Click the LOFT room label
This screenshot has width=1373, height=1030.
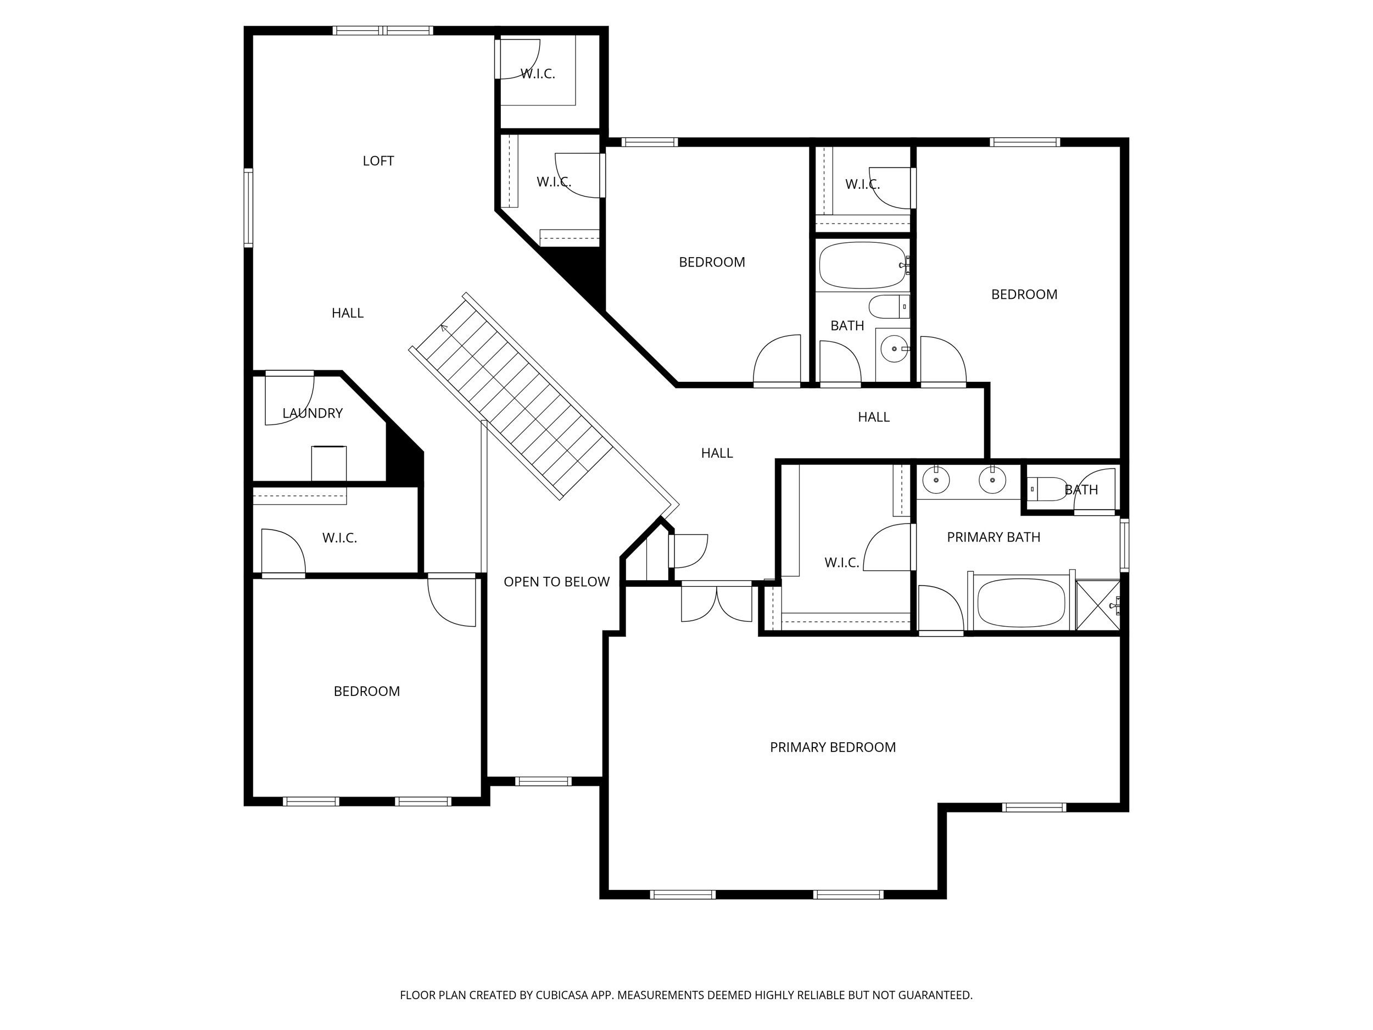[x=378, y=162]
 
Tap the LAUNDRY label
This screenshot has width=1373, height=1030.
[x=312, y=414]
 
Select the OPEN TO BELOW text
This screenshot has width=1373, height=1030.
[x=556, y=582]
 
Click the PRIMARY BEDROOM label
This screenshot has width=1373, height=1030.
[x=833, y=748]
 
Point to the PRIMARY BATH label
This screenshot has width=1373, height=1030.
[x=993, y=537]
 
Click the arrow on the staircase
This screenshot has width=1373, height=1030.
[x=444, y=327]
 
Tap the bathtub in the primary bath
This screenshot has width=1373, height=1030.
[x=1021, y=602]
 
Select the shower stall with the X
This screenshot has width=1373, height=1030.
[x=1097, y=605]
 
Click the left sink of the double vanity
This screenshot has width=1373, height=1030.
[x=935, y=481]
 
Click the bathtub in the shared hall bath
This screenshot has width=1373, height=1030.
[x=863, y=265]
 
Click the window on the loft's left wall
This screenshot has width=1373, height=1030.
[x=248, y=208]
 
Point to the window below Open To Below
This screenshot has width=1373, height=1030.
[x=543, y=781]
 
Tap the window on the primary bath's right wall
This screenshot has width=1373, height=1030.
[x=1124, y=545]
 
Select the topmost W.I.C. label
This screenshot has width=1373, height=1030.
[x=538, y=74]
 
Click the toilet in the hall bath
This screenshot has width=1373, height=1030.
[x=888, y=307]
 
